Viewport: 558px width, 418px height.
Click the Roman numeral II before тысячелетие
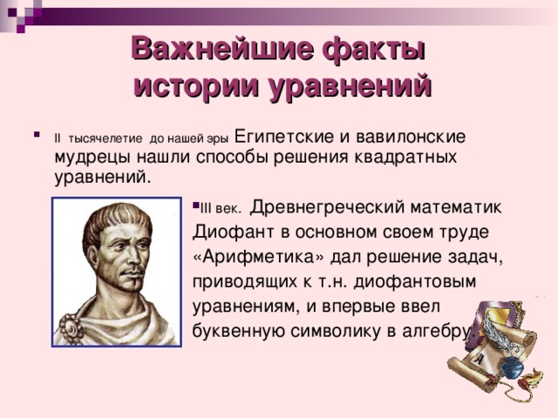58,138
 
